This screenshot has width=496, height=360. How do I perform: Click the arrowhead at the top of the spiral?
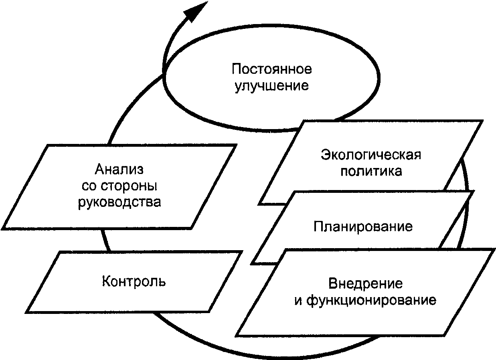pos(196,12)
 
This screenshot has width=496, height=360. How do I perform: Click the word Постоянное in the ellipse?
pos(272,69)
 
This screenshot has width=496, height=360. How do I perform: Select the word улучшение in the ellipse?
pos(271,86)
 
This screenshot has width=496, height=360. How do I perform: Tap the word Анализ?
pos(119,169)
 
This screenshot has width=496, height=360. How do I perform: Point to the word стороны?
pos(129,186)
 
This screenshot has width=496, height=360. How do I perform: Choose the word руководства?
pos(119,202)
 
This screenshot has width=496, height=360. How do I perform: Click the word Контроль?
pos(134,281)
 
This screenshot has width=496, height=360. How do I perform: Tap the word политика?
pos(371,171)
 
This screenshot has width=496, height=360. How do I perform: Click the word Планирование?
pos(363,227)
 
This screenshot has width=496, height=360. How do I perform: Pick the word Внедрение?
pos(366,283)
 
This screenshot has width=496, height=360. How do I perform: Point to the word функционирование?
pos(371,300)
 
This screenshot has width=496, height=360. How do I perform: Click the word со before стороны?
pos(89,186)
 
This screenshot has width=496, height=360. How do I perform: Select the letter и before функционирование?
pos(298,301)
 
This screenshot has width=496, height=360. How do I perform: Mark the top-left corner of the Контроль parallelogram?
pos(60,252)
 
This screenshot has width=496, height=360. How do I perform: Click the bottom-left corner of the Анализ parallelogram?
pos(3,229)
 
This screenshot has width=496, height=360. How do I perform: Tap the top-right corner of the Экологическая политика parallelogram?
pos(482,121)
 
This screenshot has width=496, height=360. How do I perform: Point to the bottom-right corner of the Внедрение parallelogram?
pos(445,336)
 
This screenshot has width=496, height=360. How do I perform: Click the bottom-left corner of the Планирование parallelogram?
pos(252,264)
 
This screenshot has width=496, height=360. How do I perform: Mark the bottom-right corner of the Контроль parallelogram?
pos(209,311)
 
